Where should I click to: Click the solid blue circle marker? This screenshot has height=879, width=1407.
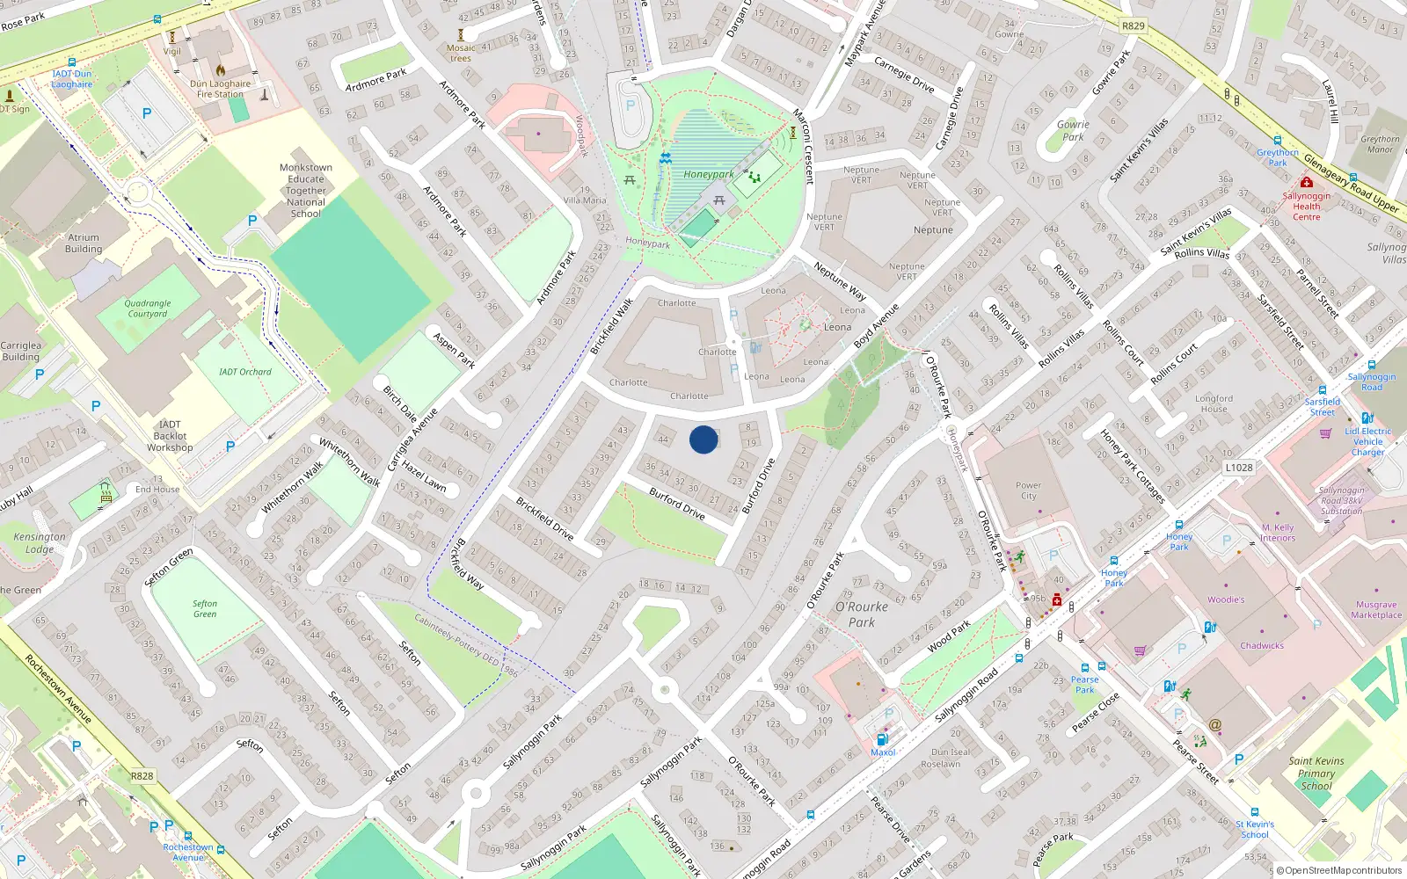click(x=703, y=439)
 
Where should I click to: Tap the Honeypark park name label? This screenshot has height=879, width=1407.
click(x=708, y=174)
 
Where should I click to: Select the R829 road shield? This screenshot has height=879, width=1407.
click(x=1134, y=25)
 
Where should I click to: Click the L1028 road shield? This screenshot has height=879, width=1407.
click(x=1238, y=468)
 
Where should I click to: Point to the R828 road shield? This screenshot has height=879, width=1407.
click(x=142, y=776)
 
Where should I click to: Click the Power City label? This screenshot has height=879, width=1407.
click(x=1028, y=490)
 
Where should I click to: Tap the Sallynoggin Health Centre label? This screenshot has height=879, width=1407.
click(x=1306, y=207)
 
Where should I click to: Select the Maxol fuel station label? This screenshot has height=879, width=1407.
click(x=883, y=752)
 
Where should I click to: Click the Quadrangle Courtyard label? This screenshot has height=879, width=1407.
click(x=147, y=309)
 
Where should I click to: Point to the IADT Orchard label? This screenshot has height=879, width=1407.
click(x=244, y=372)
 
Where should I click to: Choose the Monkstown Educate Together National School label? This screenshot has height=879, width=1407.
click(x=306, y=190)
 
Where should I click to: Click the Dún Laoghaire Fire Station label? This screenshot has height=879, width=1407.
click(x=220, y=89)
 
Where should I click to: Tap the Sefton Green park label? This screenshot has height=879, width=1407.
click(x=205, y=608)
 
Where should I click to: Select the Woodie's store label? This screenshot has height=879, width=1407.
click(x=1226, y=599)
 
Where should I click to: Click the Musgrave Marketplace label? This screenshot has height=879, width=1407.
click(x=1376, y=609)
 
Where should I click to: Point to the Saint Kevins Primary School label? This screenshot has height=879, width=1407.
click(x=1316, y=774)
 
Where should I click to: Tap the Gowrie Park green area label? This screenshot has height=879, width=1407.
click(x=1073, y=130)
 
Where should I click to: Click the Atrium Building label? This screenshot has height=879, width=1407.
click(x=84, y=243)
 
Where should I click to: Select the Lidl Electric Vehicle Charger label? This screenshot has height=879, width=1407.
click(x=1367, y=441)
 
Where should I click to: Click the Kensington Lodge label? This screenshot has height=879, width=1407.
click(x=39, y=542)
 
